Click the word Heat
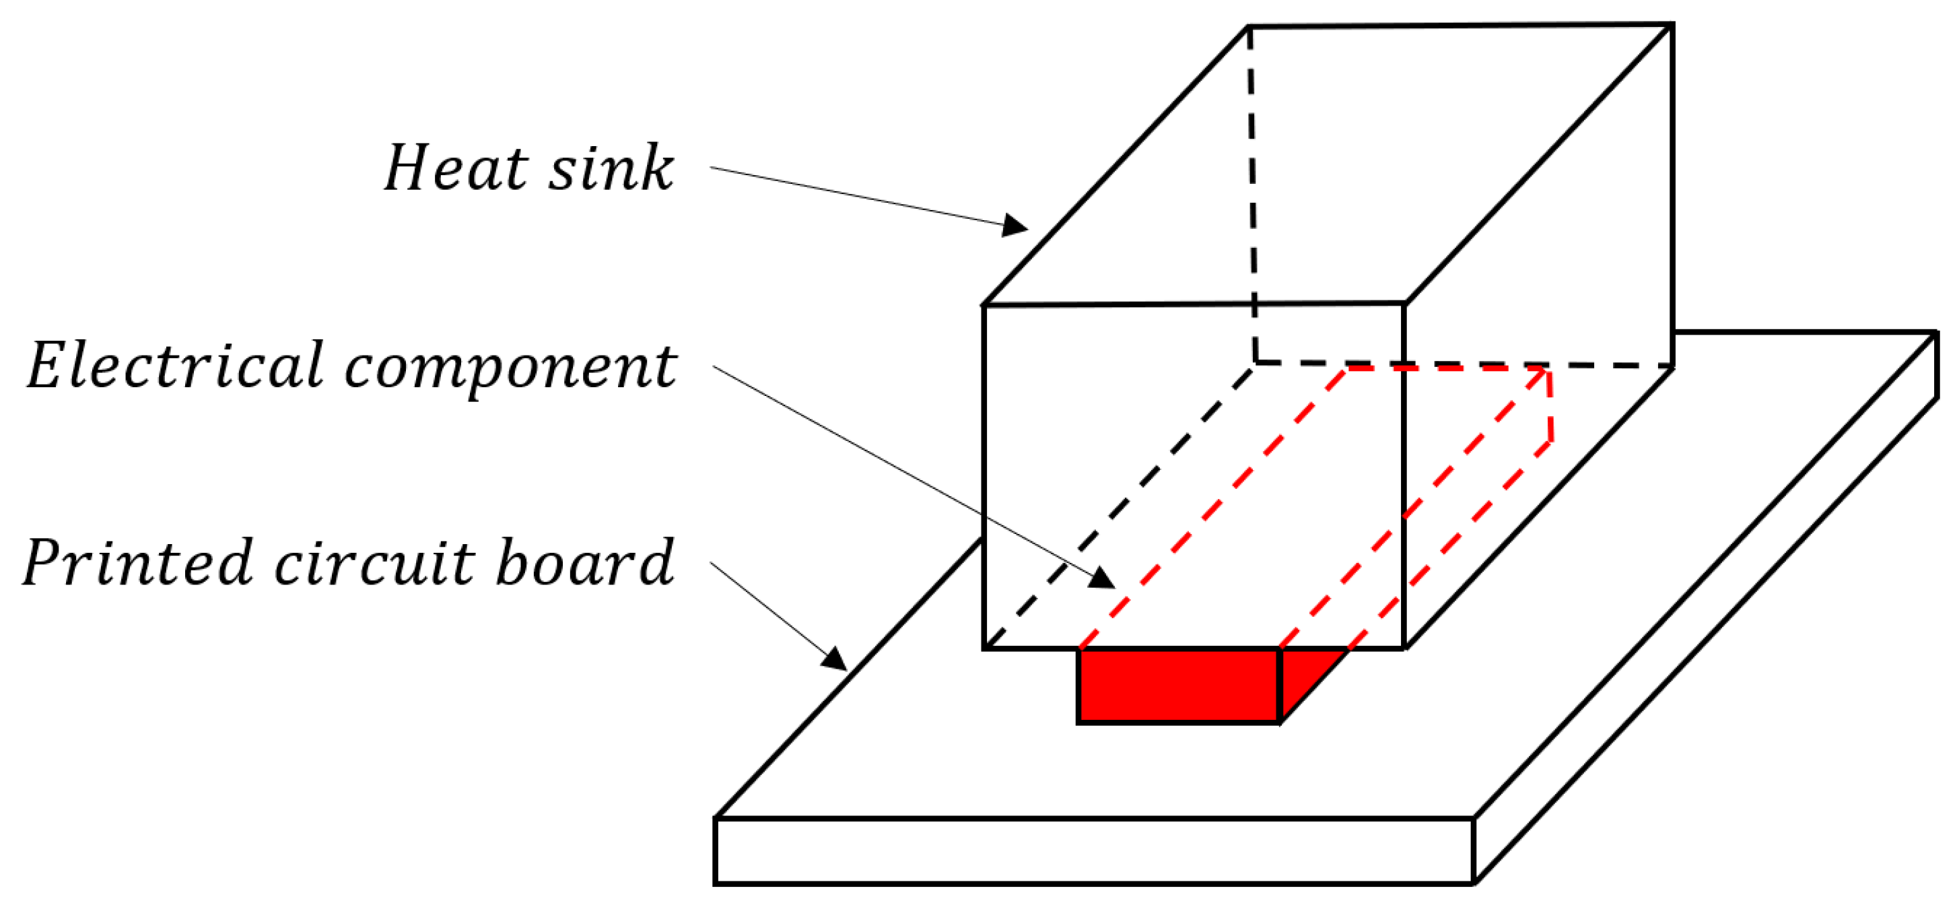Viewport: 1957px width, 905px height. (x=456, y=169)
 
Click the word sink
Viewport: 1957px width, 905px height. (x=611, y=169)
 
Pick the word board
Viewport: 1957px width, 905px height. (x=585, y=562)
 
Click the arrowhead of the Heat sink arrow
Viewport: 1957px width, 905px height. (x=1015, y=226)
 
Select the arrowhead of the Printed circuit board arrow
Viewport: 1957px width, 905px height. (x=835, y=660)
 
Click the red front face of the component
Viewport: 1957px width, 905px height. (x=1178, y=685)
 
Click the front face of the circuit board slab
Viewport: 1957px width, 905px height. (x=1094, y=851)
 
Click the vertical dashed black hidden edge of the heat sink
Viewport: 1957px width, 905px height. (x=1252, y=190)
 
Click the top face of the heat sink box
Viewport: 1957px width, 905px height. (x=1330, y=164)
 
